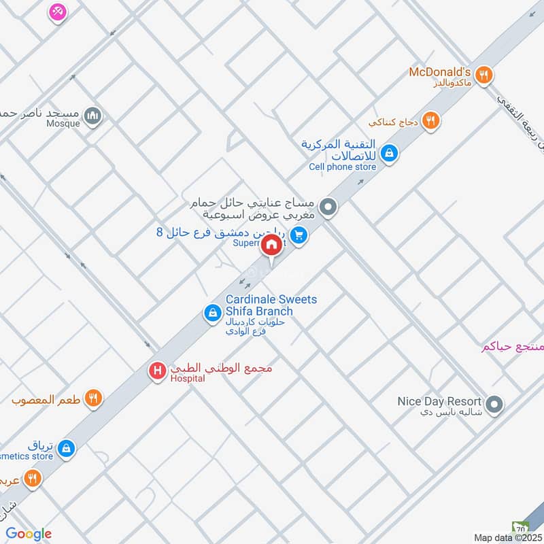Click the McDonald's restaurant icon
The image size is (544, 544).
click(x=483, y=75)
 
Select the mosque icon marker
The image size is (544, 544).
click(x=94, y=116)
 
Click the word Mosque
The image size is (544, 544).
click(x=64, y=124)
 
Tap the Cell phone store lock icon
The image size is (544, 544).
click(x=390, y=154)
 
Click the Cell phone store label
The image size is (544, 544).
click(x=342, y=167)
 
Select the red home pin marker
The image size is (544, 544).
click(x=271, y=246)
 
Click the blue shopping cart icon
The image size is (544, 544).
click(x=301, y=236)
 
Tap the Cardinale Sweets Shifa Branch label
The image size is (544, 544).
click(x=271, y=305)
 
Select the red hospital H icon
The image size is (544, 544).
click(x=158, y=371)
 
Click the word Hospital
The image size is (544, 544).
click(x=188, y=379)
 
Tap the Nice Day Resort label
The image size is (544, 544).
click(x=439, y=401)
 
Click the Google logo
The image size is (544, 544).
click(x=29, y=534)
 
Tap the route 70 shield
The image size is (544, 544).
click(x=520, y=528)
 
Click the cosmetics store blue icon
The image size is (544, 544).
click(x=67, y=448)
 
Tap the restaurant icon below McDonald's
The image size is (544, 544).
click(x=430, y=121)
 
